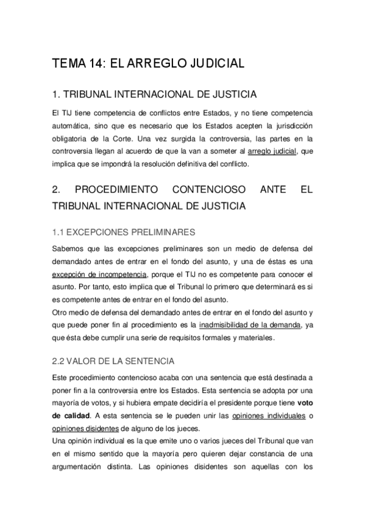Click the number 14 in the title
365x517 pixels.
coord(90,63)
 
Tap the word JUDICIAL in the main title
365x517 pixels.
coord(211,63)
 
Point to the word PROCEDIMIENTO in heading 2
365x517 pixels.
coord(115,190)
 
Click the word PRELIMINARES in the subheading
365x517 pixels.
coord(160,232)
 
